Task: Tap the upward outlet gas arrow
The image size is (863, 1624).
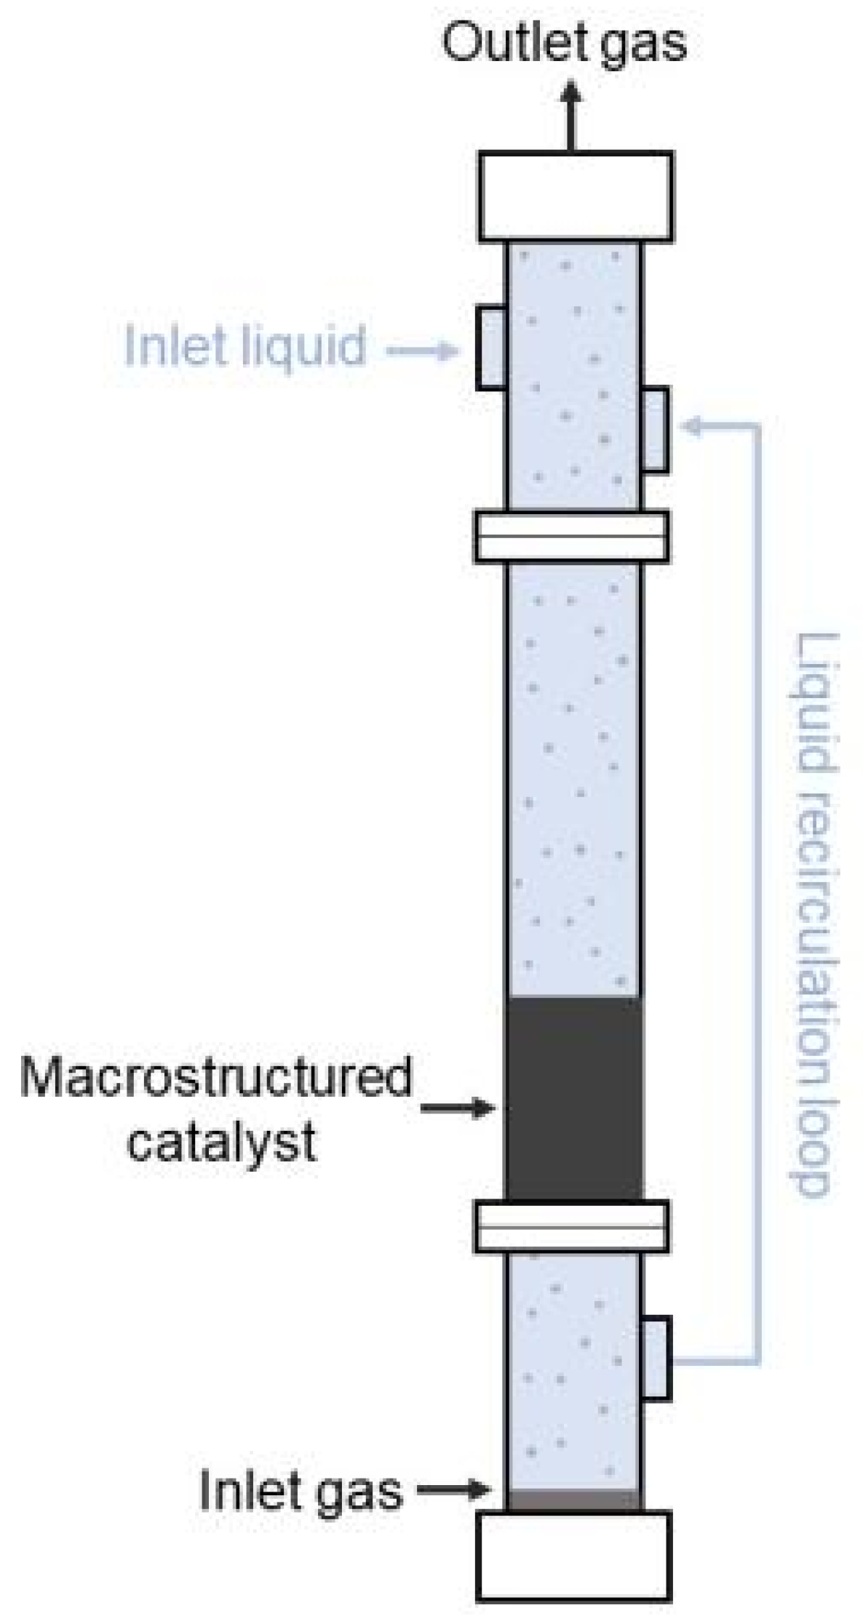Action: tap(572, 116)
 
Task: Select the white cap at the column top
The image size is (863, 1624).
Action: tap(575, 196)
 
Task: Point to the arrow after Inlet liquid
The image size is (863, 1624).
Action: tap(422, 352)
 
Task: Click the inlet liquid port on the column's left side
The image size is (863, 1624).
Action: tap(492, 348)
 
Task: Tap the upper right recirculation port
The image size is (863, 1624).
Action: tap(655, 430)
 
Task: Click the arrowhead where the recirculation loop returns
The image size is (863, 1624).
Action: tap(691, 427)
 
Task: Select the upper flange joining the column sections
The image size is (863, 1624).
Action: tap(572, 537)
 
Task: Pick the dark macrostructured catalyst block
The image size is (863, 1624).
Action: tap(573, 1098)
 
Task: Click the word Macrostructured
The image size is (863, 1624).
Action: tap(216, 1077)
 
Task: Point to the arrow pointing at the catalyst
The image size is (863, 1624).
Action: tap(458, 1108)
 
